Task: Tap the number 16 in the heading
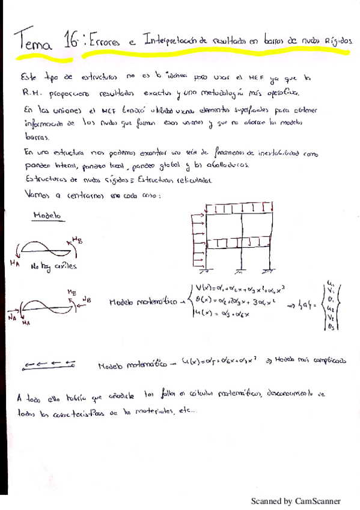point(71,40)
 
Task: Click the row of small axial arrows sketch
point(49,363)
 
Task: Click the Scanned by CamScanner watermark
point(295,500)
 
